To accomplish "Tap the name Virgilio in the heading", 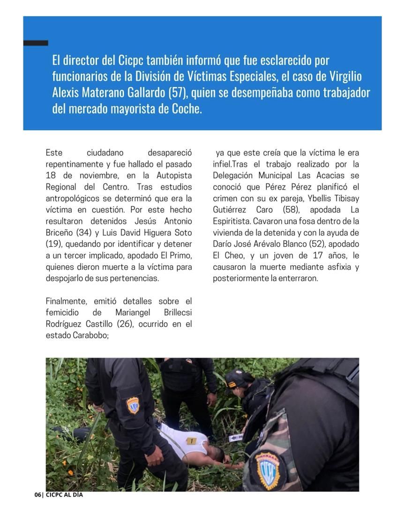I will click(341, 76).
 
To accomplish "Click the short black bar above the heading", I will click(36, 43).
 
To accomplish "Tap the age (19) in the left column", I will click(53, 244).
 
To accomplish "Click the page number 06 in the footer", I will click(37, 495).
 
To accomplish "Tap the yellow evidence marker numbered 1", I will click(191, 440).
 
